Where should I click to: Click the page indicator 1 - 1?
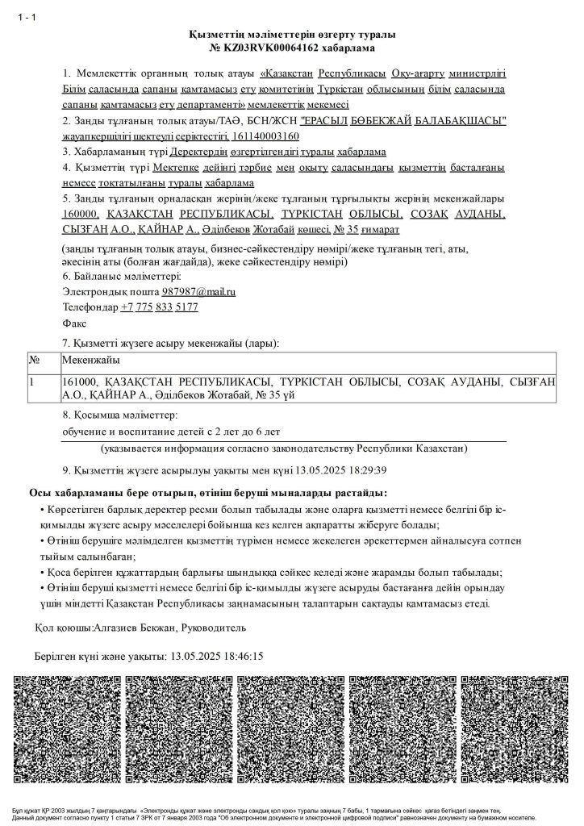pyautogui.click(x=26, y=19)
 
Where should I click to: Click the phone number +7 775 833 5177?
pyautogui.click(x=159, y=307)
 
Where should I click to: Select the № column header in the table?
pyautogui.click(x=35, y=360)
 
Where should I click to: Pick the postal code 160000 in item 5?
pyautogui.click(x=80, y=214)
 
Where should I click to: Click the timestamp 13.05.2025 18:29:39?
pyautogui.click(x=342, y=469)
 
